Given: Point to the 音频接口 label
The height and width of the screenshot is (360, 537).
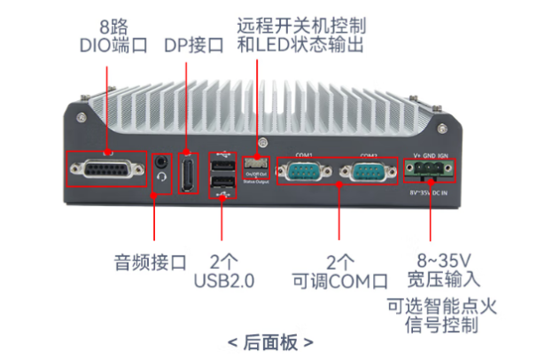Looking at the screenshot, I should click(x=151, y=262).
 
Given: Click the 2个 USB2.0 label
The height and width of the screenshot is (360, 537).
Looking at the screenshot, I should click(x=223, y=272).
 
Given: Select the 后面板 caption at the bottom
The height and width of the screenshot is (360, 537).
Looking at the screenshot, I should click(x=269, y=341).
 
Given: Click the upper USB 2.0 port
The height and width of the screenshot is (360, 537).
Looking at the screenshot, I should click(x=222, y=164).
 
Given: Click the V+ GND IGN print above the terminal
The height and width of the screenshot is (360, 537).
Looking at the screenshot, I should click(x=429, y=153).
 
